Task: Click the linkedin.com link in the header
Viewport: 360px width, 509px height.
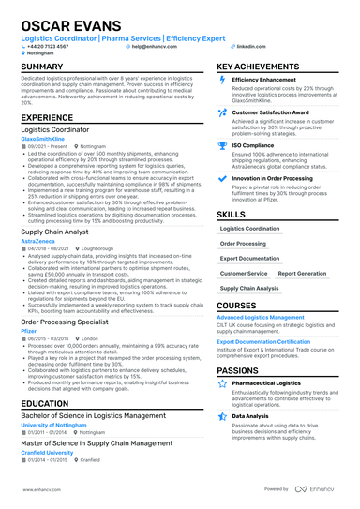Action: click(x=249, y=45)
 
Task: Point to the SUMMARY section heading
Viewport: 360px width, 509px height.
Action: click(x=43, y=67)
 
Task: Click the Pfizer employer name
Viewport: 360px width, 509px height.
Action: click(x=28, y=329)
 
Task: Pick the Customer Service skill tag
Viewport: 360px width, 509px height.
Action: click(x=243, y=274)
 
